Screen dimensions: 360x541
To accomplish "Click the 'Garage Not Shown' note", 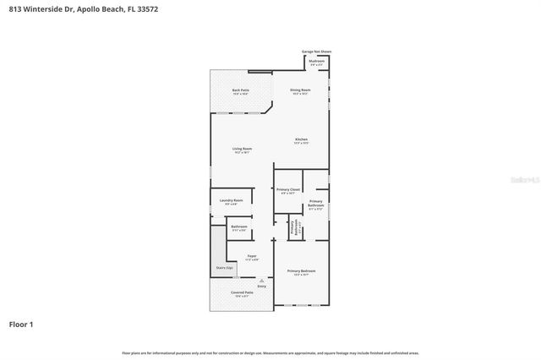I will [x=317, y=52].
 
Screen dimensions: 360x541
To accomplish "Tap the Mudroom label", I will [x=317, y=62].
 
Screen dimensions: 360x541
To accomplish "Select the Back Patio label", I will [x=240, y=90].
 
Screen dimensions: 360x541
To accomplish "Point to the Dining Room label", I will [x=301, y=90].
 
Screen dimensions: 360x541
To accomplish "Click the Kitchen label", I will [x=301, y=139].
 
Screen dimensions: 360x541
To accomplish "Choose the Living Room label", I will [x=242, y=150].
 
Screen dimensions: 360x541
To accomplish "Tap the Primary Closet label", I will [x=288, y=189].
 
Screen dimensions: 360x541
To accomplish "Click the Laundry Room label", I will [x=232, y=200].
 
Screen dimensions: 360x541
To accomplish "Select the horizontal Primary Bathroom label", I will [x=316, y=203].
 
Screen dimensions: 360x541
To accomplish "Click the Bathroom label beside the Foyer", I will [x=238, y=226].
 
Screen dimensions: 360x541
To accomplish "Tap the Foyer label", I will [x=252, y=255].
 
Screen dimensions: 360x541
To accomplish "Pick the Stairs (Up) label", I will [x=224, y=268].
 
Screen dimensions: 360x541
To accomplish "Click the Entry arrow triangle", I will [x=261, y=280].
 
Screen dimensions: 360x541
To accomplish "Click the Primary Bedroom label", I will [x=301, y=270].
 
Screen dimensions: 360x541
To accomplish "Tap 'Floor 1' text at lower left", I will [x=22, y=325].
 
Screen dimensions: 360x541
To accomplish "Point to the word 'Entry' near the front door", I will [x=261, y=287].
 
